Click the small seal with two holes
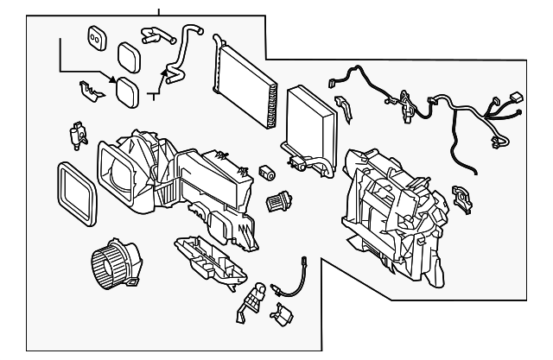(96, 35)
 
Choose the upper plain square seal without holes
(130, 58)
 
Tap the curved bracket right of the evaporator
(343, 109)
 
